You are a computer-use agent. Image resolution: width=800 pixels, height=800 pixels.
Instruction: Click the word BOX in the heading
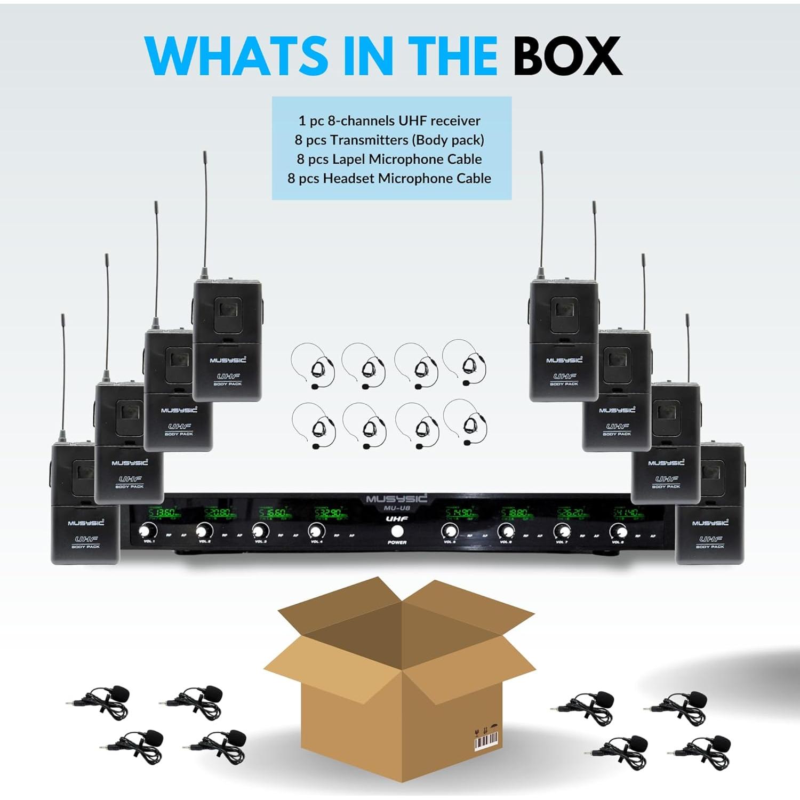567,57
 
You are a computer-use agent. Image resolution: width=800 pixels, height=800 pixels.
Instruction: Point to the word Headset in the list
349,178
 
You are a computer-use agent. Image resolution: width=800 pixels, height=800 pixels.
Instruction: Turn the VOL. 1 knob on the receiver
148,531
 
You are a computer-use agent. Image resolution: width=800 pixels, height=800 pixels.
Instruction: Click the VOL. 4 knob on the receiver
316,531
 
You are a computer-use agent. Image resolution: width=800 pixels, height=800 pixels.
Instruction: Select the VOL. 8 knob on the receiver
618,531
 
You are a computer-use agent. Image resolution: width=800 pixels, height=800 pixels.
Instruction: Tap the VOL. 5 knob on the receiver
450,531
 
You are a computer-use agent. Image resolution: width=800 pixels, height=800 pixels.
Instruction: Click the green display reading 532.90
330,514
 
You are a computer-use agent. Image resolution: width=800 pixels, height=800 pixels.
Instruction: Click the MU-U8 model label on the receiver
397,508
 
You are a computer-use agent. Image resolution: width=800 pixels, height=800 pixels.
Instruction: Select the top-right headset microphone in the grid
465,363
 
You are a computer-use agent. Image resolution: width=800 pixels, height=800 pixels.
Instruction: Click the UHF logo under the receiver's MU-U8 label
397,518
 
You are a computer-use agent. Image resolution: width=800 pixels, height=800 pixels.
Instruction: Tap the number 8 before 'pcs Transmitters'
299,140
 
